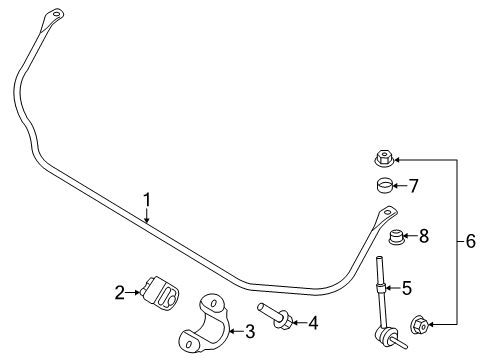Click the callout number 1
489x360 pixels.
147,199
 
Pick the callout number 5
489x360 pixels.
406,288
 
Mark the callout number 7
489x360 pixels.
414,184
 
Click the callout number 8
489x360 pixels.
424,236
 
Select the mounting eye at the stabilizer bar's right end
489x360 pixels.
386,212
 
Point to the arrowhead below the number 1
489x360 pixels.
147,219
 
